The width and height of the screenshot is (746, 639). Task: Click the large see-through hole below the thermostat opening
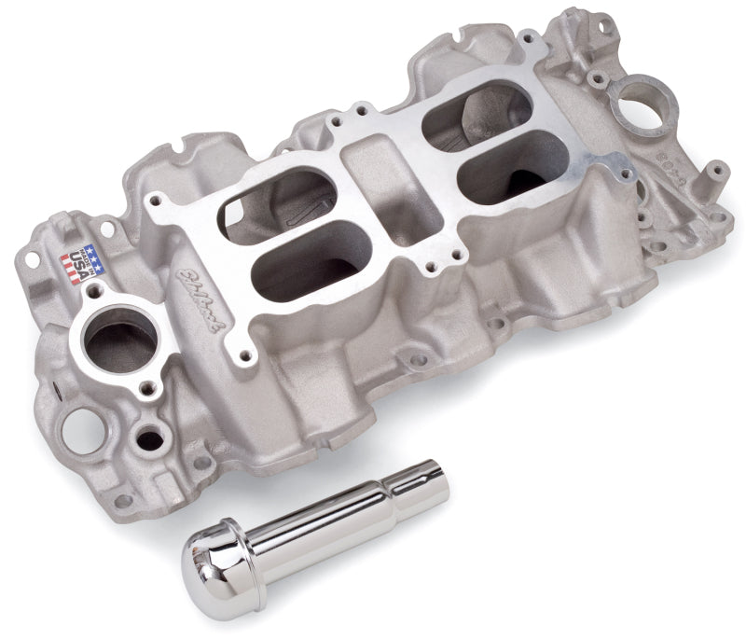[76, 434]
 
